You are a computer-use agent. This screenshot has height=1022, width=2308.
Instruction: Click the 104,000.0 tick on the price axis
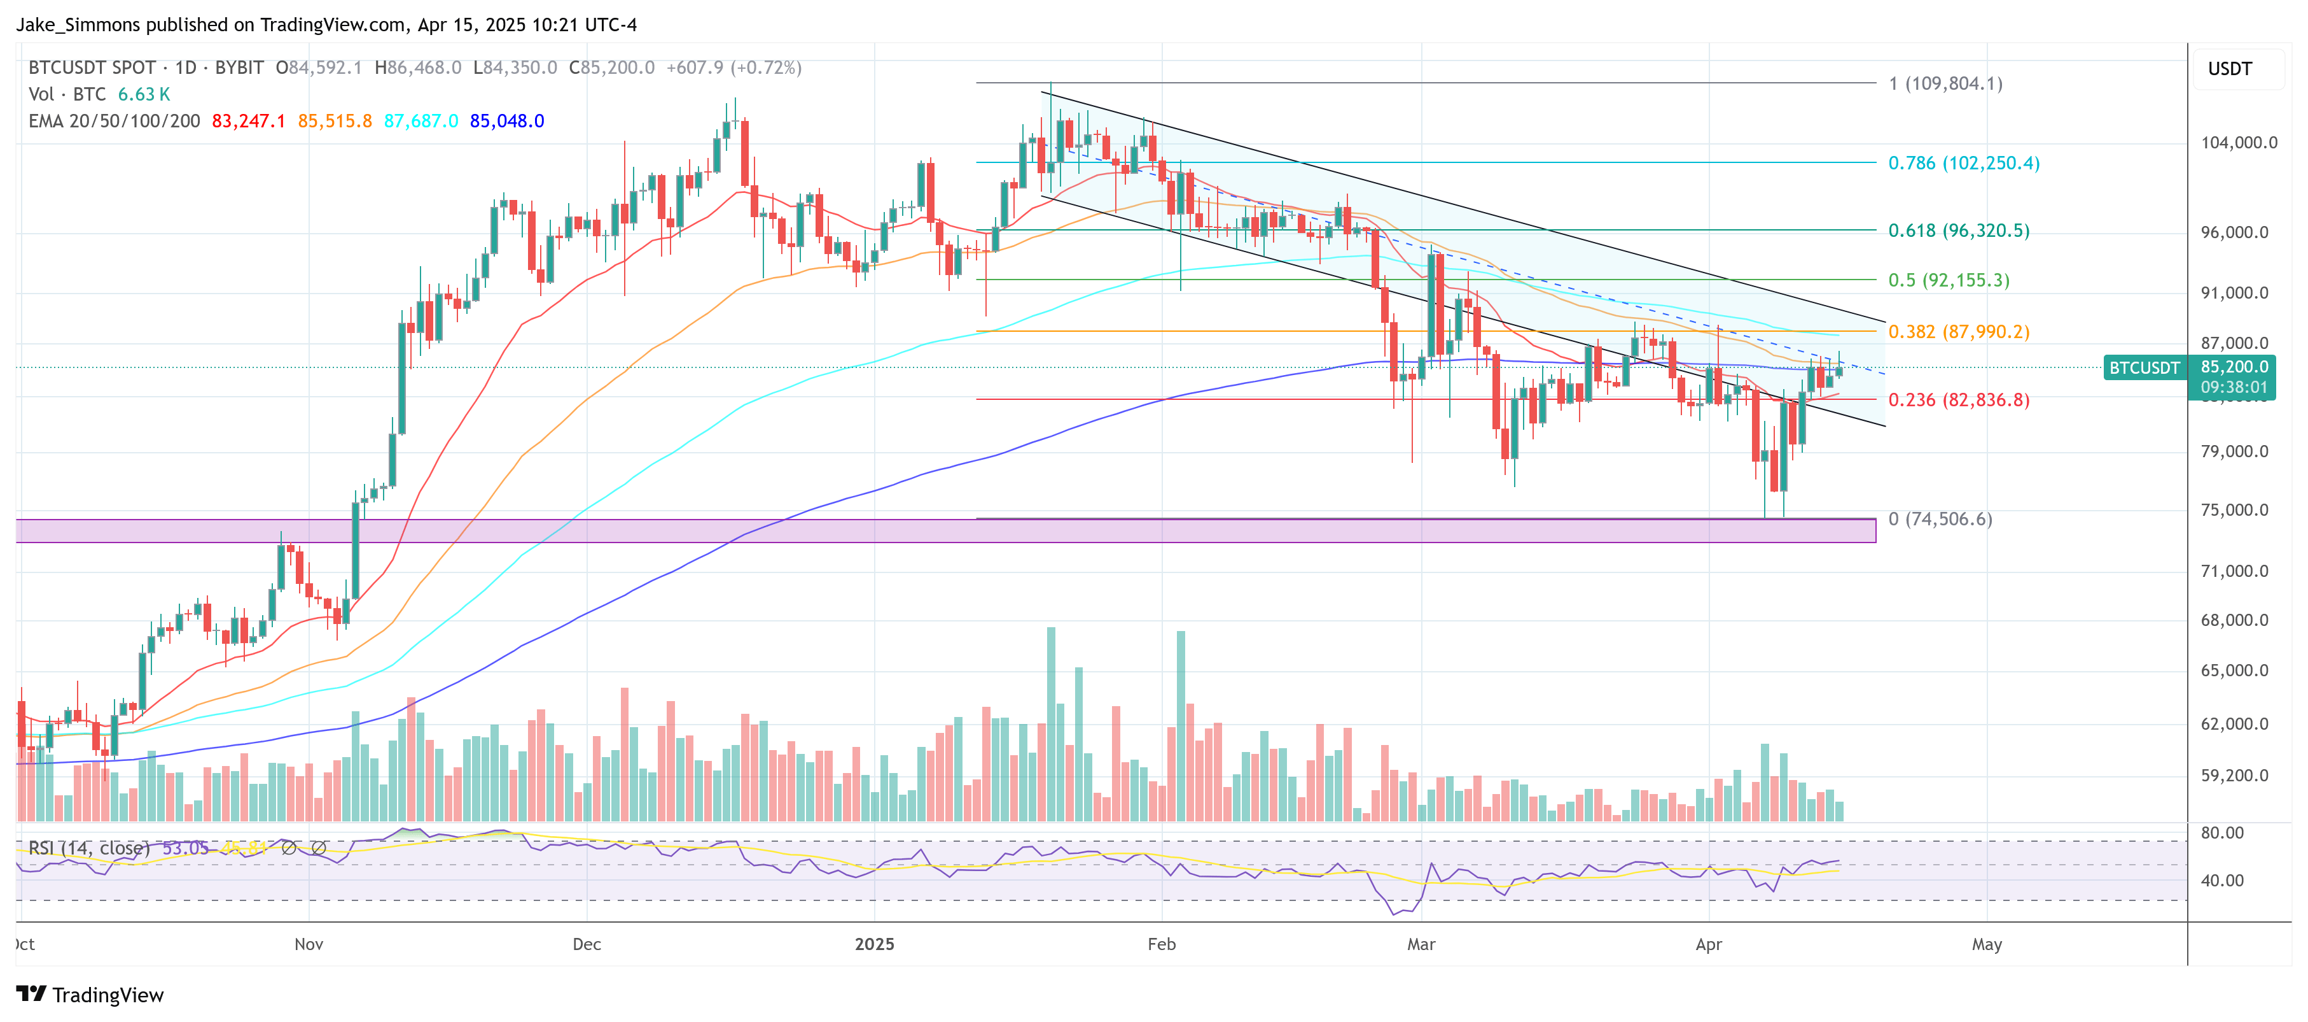(2238, 143)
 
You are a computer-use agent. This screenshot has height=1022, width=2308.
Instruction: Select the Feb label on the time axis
(1161, 944)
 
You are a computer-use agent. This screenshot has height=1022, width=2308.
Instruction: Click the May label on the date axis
(1986, 944)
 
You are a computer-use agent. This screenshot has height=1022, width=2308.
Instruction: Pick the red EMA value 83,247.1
(248, 121)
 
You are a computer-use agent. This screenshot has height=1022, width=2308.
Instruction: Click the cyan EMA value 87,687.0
(421, 121)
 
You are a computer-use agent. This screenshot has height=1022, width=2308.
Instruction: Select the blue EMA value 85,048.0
(507, 121)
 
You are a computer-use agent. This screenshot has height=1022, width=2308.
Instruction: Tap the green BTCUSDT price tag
(2143, 367)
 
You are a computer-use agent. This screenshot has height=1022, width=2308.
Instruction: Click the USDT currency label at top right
(2229, 69)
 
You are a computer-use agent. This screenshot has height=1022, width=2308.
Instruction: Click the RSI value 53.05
(186, 848)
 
